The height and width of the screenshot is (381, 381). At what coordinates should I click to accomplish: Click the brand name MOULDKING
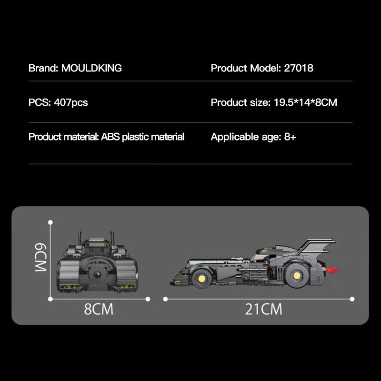tap(91, 68)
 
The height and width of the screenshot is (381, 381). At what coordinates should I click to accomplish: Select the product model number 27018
tap(298, 68)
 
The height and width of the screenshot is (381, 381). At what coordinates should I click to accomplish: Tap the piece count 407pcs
tap(71, 102)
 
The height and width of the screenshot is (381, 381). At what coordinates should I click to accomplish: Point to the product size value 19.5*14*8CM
tap(305, 102)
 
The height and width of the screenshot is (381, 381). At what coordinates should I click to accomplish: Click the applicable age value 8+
tap(290, 137)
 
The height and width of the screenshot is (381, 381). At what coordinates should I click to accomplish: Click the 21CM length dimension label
tap(263, 309)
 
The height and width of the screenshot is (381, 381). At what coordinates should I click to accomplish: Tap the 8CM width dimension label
tap(99, 309)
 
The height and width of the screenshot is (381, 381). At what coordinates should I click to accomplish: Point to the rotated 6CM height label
tap(40, 258)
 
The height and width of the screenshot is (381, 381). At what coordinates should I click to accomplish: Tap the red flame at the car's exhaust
tap(333, 271)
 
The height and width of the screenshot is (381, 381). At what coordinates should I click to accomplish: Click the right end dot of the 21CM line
tap(352, 299)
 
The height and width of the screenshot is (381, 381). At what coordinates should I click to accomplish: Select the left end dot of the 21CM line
tap(165, 299)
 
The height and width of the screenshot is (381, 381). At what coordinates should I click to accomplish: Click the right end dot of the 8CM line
tap(148, 299)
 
